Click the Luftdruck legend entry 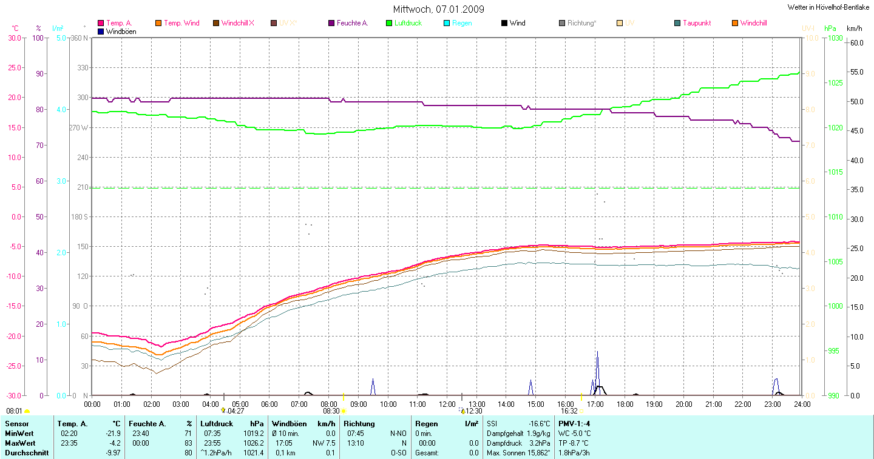(x=407, y=23)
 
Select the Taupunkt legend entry (x=696, y=23)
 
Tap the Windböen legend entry (x=121, y=31)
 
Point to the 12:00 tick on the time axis (x=447, y=404)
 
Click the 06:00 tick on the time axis (x=269, y=404)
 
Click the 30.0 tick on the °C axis (x=14, y=38)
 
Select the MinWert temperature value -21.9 (x=112, y=434)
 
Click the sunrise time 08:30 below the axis (x=331, y=410)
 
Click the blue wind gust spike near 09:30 (x=373, y=386)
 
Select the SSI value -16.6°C (x=538, y=424)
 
